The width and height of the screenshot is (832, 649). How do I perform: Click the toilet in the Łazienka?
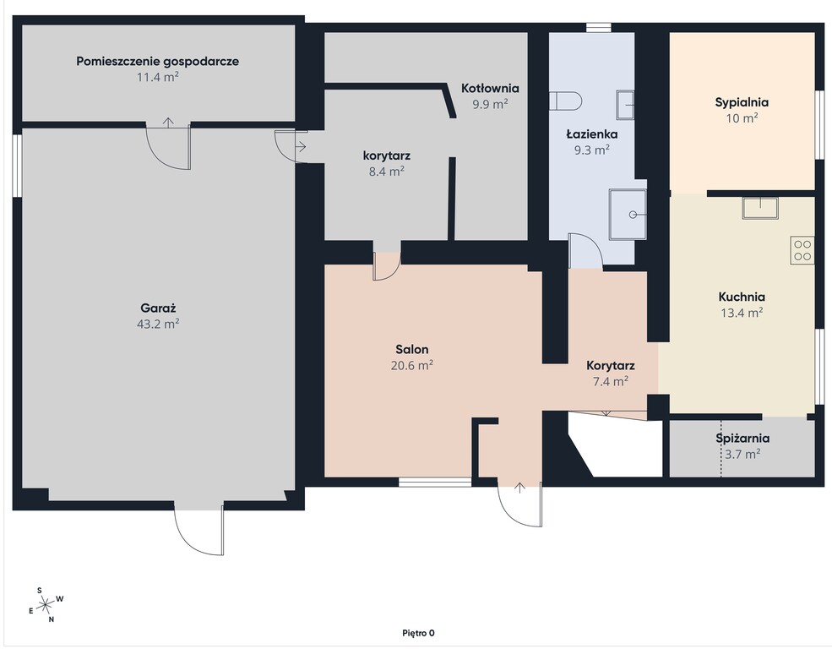tap(566, 101)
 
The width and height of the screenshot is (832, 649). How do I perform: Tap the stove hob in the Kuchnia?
tap(802, 250)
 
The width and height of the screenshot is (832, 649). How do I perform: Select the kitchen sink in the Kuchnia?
tap(760, 208)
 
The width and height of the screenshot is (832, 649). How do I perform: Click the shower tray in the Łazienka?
tap(628, 215)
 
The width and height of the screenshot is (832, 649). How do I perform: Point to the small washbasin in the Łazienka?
tap(625, 105)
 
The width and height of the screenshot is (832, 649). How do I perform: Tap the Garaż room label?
tap(158, 308)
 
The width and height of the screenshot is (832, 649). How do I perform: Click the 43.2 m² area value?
tap(158, 324)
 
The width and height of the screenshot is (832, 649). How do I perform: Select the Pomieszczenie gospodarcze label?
tap(158, 62)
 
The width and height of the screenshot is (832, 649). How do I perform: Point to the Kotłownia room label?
tap(490, 88)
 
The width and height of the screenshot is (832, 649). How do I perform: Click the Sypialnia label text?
tap(742, 102)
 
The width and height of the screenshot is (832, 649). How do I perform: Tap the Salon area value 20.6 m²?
tap(411, 365)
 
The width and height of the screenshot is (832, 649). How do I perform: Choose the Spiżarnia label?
tap(742, 439)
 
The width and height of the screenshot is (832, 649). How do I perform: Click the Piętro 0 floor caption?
tap(418, 633)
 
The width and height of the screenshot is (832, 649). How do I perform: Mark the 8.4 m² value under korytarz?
tap(387, 172)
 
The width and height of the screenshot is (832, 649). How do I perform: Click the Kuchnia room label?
tap(742, 297)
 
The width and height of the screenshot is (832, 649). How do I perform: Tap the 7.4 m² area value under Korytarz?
tap(611, 381)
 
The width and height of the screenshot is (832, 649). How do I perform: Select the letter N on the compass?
tap(52, 619)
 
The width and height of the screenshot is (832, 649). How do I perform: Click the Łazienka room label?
tap(591, 134)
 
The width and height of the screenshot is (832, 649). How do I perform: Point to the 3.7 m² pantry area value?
tap(742, 455)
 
